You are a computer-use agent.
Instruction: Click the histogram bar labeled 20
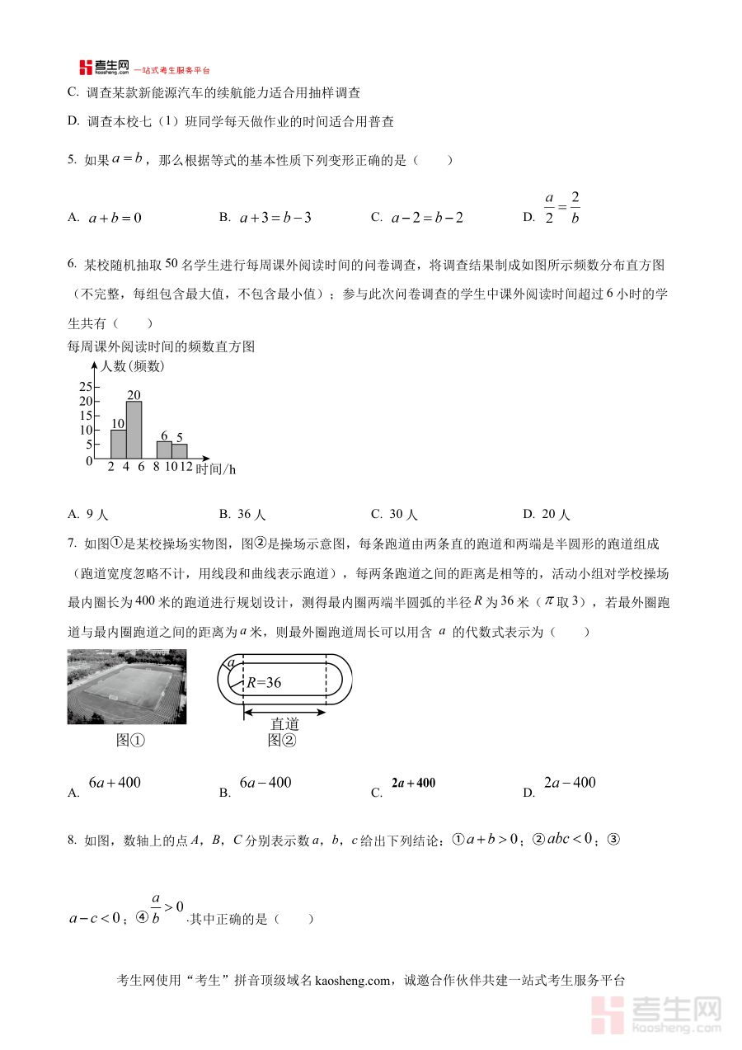tap(134, 429)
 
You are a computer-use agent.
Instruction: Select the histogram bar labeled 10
tap(118, 444)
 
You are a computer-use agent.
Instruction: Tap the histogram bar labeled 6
tap(164, 450)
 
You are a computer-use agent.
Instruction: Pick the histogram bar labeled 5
tap(179, 451)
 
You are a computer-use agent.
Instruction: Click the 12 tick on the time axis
tap(186, 467)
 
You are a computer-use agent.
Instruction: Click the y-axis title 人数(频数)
tap(132, 366)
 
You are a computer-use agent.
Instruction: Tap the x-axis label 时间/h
tap(216, 468)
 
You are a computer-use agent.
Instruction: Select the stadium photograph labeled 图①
tap(127, 686)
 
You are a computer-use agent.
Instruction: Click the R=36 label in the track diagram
tap(264, 682)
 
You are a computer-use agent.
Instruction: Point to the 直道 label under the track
tap(284, 723)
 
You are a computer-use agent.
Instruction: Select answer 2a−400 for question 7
tap(570, 783)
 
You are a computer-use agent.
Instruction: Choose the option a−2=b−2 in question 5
tap(427, 218)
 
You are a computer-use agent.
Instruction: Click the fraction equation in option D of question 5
tap(561, 209)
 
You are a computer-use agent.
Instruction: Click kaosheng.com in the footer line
tap(351, 981)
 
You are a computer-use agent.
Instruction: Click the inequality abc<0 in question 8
tap(570, 840)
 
